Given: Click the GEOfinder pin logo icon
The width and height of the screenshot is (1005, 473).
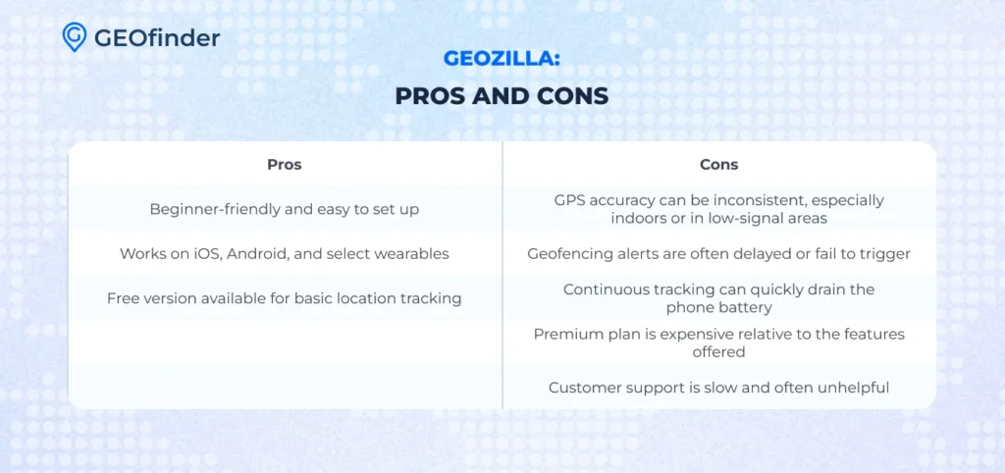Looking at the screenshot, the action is point(75,36).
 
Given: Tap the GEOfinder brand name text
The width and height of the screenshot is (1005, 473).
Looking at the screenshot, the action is point(157,38).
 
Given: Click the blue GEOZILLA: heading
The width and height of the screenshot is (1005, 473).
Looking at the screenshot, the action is point(502,59).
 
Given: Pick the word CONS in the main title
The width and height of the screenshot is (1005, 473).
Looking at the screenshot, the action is point(572,96).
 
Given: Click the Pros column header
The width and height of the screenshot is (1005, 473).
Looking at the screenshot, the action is point(285,165).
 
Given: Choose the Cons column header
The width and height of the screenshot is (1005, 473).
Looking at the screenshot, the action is point(719,165).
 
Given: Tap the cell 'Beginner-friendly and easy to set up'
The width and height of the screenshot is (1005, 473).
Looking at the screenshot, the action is point(285,210).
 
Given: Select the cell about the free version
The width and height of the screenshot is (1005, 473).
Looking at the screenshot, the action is point(285,298).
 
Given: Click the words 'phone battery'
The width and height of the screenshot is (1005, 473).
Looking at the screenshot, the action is point(719,307).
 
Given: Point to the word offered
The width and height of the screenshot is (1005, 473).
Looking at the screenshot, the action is point(719,352).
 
